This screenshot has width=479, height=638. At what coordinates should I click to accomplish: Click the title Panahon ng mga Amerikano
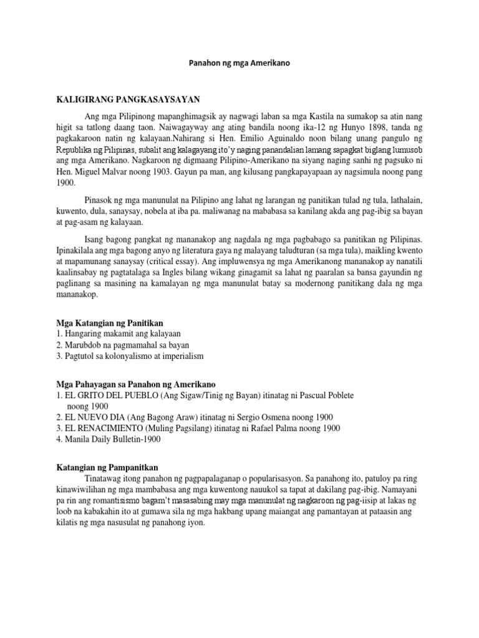(239, 64)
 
